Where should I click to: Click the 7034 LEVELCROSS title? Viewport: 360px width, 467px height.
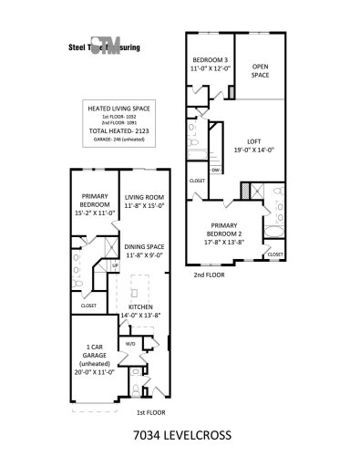tap(182, 436)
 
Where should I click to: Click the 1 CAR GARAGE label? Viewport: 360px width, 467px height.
tap(94, 351)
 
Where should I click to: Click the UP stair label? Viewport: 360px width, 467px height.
tap(115, 266)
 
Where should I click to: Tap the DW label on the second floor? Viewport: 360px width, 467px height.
tap(214, 171)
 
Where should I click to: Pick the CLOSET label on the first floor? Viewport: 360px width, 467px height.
tap(88, 306)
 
